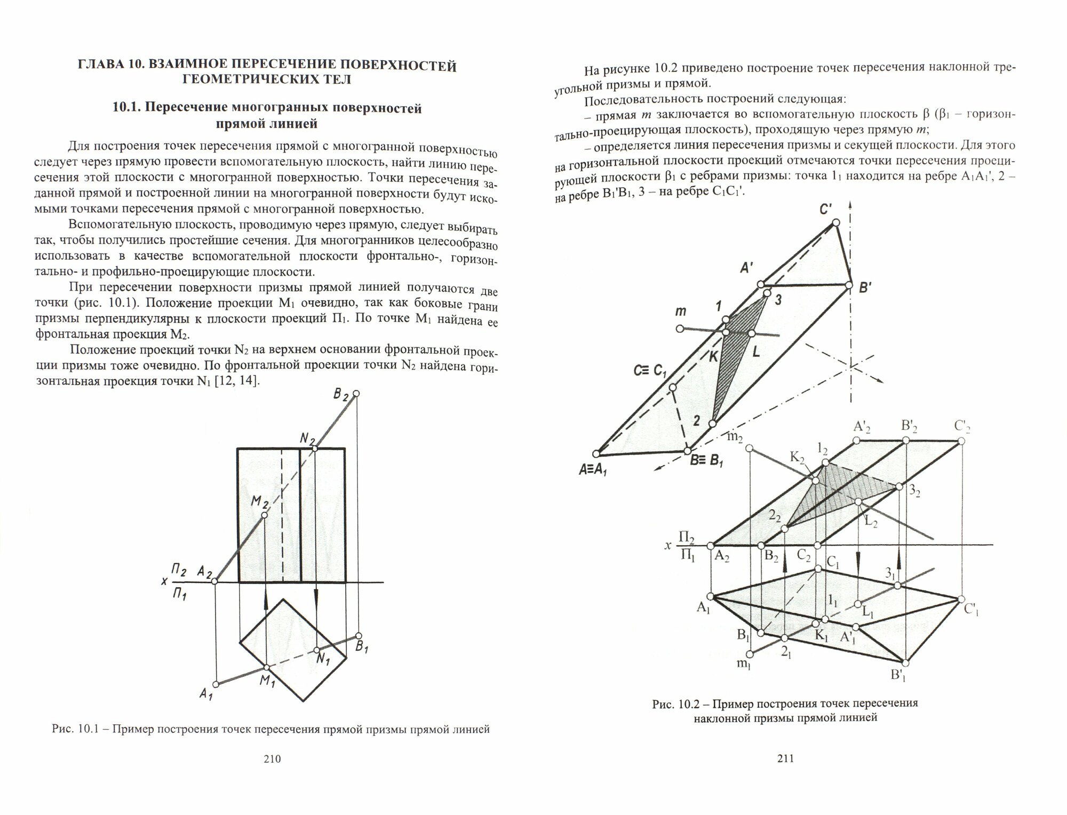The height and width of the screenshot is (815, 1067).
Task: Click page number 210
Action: click(272, 759)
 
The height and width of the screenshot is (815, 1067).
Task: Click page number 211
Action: click(784, 758)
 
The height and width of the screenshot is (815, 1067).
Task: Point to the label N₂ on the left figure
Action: click(307, 438)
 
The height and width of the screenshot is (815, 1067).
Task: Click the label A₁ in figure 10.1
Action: click(205, 694)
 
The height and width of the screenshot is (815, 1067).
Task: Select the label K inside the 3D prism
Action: click(713, 357)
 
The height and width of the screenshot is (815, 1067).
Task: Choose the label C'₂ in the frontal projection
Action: click(962, 427)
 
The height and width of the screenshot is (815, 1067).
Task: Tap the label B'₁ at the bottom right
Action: click(898, 676)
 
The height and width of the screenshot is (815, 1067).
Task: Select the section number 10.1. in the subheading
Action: click(128, 108)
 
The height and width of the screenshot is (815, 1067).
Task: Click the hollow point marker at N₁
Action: click(317, 650)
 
